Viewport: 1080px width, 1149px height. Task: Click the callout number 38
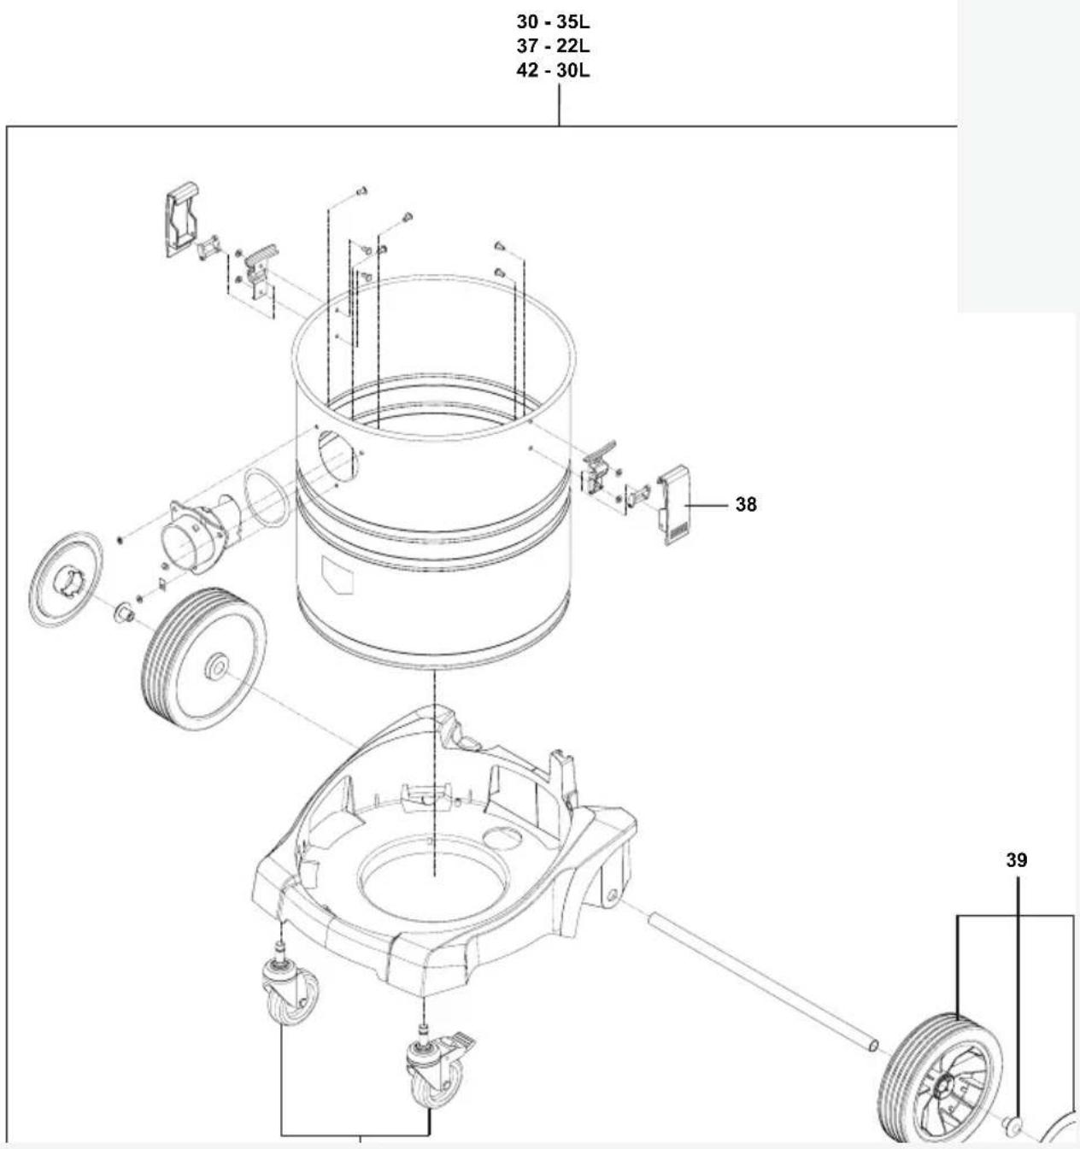746,505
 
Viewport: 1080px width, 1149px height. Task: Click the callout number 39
1017,860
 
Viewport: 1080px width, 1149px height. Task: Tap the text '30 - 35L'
554,22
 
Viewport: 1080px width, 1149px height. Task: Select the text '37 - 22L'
554,46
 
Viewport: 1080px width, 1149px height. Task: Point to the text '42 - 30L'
554,71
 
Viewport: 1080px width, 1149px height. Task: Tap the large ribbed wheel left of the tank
203,660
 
